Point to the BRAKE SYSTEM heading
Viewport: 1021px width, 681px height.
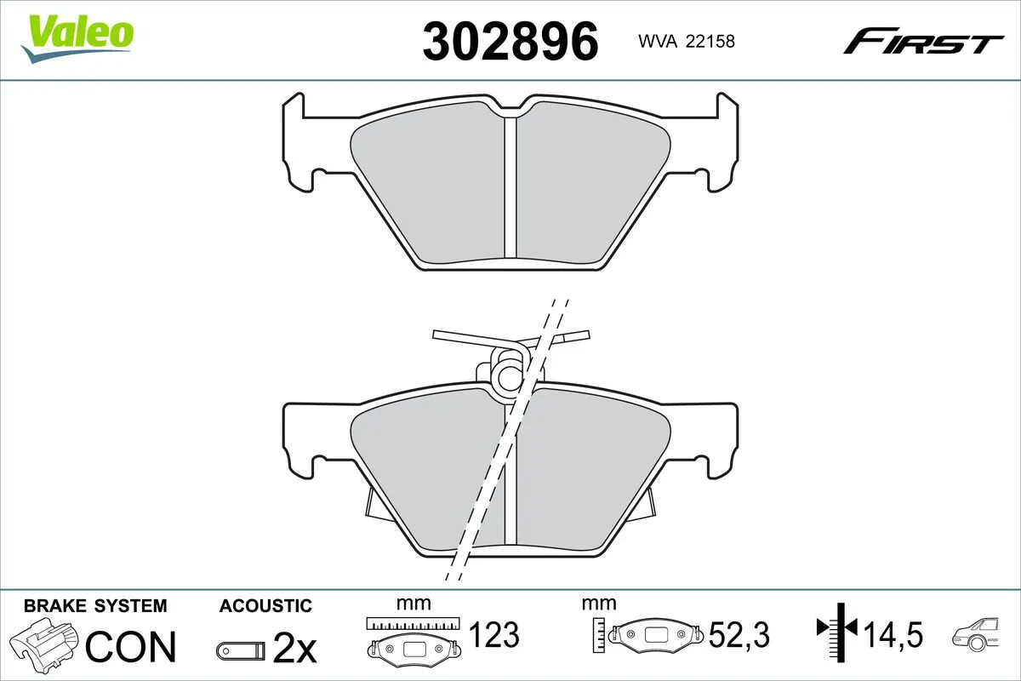pyautogui.click(x=95, y=606)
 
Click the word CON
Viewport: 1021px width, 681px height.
pyautogui.click(x=132, y=647)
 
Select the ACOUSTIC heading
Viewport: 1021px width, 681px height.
pyautogui.click(x=265, y=606)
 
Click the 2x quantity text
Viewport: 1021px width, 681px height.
pyautogui.click(x=294, y=650)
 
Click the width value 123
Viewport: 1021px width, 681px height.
pyautogui.click(x=494, y=634)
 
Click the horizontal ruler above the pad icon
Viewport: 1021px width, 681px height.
pyautogui.click(x=413, y=623)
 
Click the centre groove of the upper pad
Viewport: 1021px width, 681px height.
pyautogui.click(x=510, y=187)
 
